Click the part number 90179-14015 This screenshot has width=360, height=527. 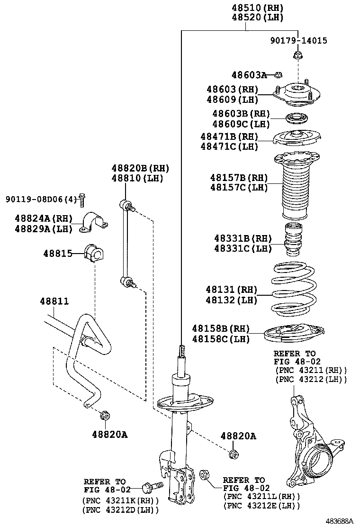(298, 41)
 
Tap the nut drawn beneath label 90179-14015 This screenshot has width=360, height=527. (298, 56)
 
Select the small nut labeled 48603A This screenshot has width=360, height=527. (279, 74)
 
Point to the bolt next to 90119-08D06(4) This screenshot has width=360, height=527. (82, 200)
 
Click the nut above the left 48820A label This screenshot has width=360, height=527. (105, 416)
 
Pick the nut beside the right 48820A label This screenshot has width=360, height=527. (233, 454)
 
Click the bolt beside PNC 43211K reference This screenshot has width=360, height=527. (151, 486)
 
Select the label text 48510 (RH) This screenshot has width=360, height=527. (257, 8)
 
